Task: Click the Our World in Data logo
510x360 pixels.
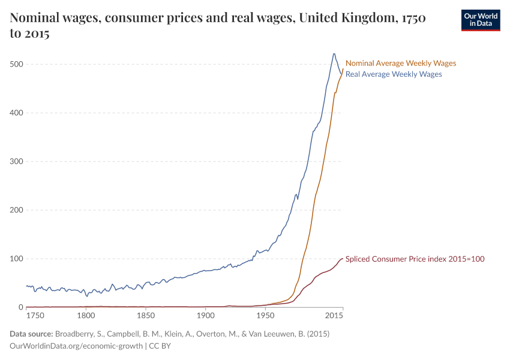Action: [480, 20]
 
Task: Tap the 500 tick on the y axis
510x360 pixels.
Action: [16, 64]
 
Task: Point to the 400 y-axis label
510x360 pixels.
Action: [16, 113]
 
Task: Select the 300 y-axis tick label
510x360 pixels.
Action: [16, 161]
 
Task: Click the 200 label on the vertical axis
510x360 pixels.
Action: [16, 210]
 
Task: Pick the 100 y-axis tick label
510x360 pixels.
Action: [16, 259]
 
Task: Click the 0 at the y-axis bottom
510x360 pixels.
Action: [20, 307]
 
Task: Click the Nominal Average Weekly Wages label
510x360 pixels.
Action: [401, 63]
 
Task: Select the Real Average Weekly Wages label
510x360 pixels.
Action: [394, 74]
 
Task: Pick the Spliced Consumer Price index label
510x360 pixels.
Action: [415, 259]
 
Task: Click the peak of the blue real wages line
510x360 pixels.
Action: [334, 54]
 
